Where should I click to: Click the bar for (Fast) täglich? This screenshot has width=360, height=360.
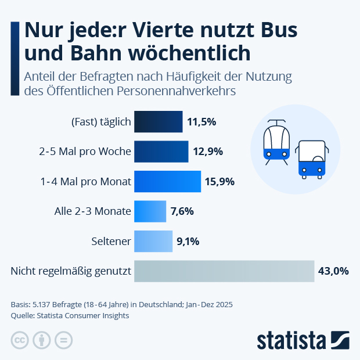tap(158, 122)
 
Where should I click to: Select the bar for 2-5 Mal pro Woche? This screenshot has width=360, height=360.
tap(161, 152)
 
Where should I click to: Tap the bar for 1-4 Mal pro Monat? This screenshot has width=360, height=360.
tap(167, 182)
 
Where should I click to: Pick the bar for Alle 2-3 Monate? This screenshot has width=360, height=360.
tap(150, 211)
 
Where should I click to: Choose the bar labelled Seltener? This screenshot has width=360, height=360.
tap(153, 241)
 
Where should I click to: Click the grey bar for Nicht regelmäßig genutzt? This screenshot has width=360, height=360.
tap(224, 271)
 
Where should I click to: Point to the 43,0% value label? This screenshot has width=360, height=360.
tap(333, 271)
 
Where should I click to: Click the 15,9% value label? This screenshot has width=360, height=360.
tap(219, 182)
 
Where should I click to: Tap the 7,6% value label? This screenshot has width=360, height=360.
tap(182, 211)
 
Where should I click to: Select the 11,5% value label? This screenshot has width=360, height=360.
tap(201, 122)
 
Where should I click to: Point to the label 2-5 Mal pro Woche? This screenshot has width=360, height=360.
tap(85, 152)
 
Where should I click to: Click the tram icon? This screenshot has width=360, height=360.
tap(276, 142)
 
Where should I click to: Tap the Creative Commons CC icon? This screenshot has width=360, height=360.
tap(20, 341)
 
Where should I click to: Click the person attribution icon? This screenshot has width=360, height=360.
tap(42, 341)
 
